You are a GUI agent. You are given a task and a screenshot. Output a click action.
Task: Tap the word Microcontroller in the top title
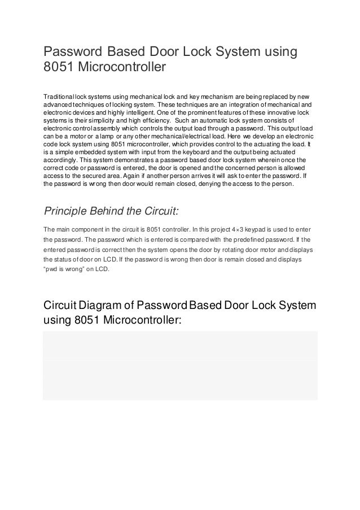(122, 69)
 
